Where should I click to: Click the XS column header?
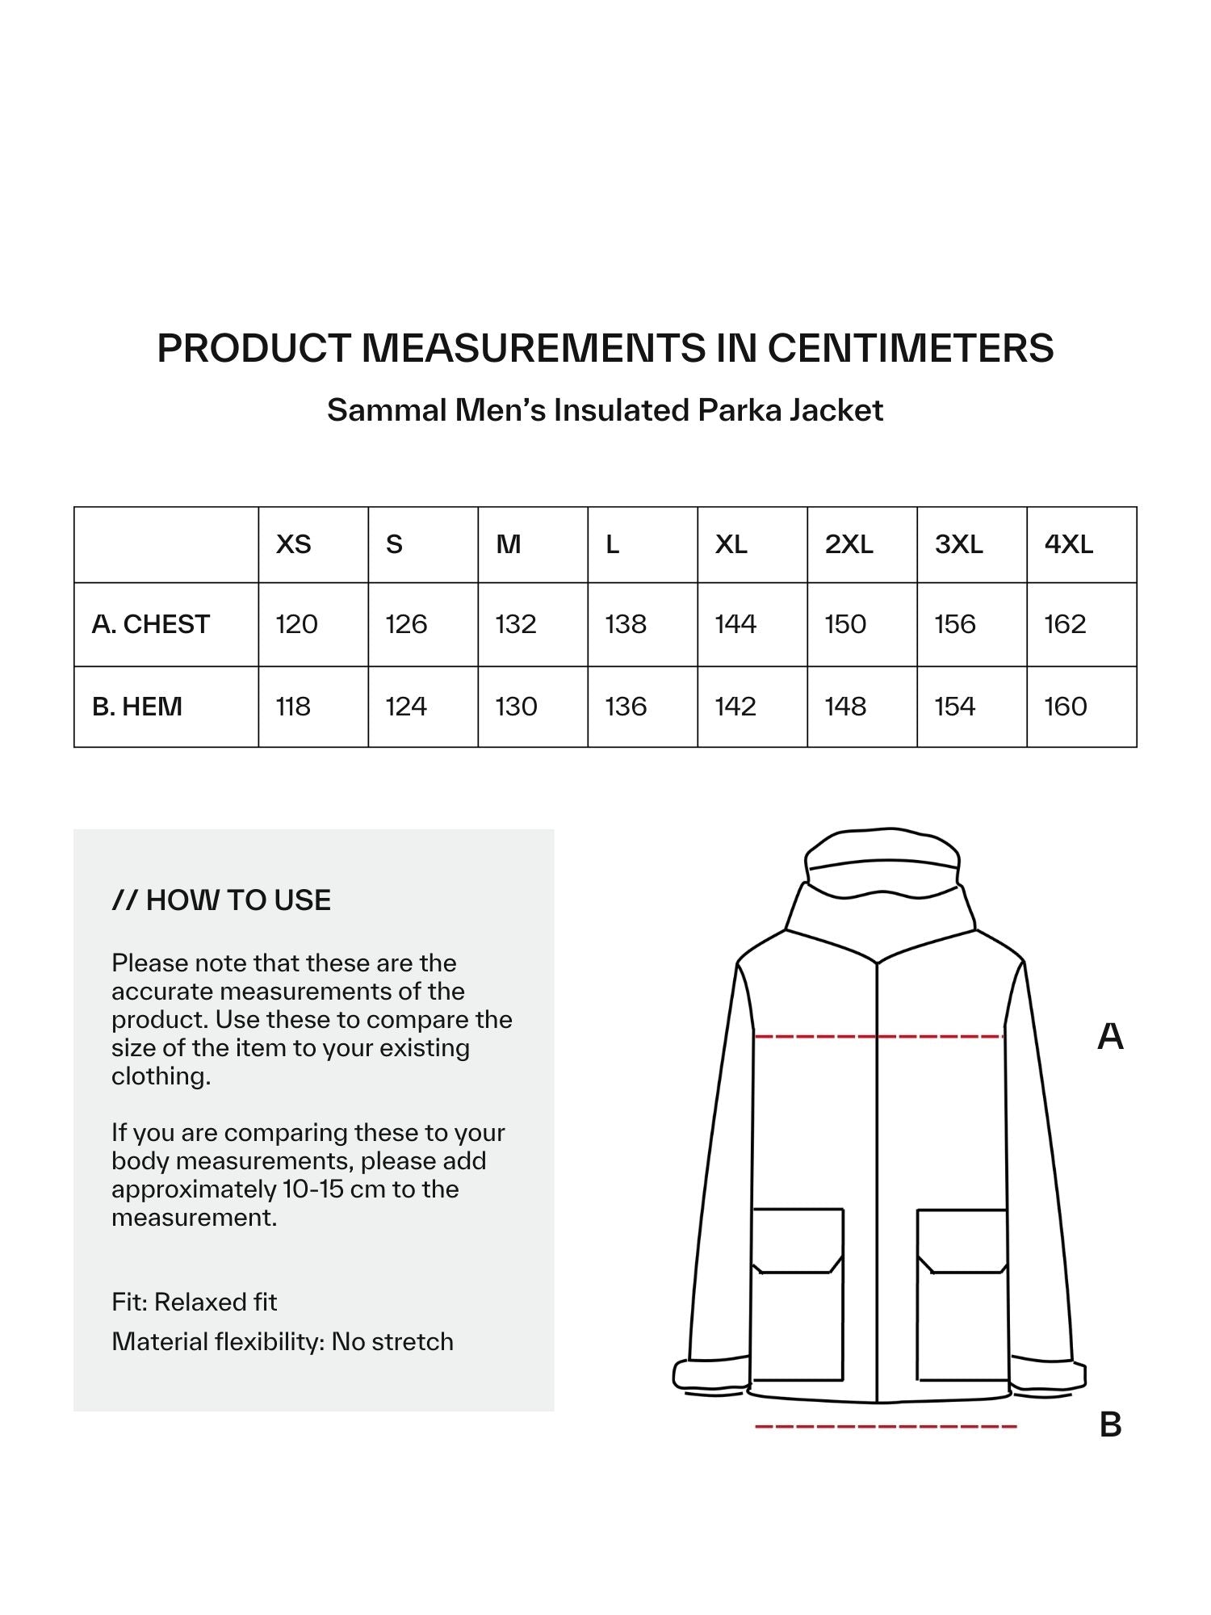click(293, 544)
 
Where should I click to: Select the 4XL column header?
click(1068, 544)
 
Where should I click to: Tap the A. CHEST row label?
click(151, 624)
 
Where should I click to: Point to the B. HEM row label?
click(137, 707)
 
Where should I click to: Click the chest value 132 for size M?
click(516, 624)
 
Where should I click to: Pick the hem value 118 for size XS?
click(293, 707)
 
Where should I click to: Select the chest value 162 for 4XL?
click(1065, 624)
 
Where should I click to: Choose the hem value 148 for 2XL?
click(845, 707)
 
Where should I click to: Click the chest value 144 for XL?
click(735, 624)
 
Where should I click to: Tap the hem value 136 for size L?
click(626, 707)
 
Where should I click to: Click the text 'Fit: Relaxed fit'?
click(194, 1302)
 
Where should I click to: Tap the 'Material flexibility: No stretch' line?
click(283, 1341)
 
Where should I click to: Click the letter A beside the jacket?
click(1110, 1036)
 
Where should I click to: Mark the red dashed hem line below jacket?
click(885, 1427)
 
